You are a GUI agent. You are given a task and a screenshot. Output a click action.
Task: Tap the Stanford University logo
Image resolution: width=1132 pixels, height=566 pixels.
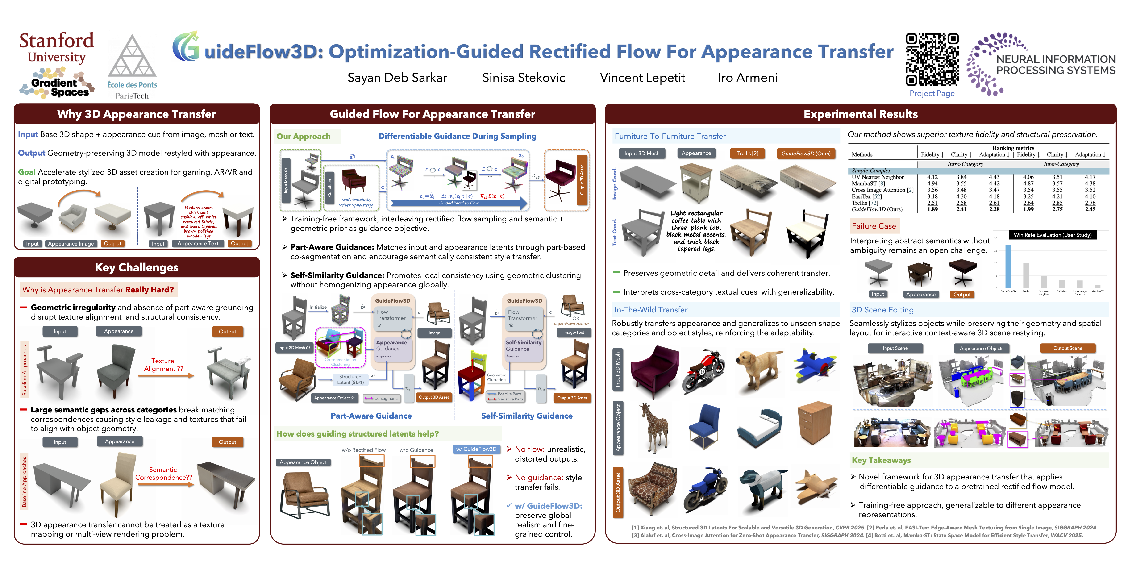[56, 47]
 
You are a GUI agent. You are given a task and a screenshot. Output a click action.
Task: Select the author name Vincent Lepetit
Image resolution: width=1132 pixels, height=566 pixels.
[642, 78]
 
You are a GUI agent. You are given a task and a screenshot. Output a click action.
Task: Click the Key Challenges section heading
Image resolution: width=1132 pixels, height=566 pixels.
[137, 267]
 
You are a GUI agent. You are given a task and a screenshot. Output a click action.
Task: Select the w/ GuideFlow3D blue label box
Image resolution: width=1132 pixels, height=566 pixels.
[476, 449]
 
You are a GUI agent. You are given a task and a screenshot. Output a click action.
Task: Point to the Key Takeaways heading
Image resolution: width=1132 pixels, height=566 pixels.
[881, 460]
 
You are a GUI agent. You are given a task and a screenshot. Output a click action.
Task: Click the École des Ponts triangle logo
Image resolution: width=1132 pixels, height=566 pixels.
[132, 57]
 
